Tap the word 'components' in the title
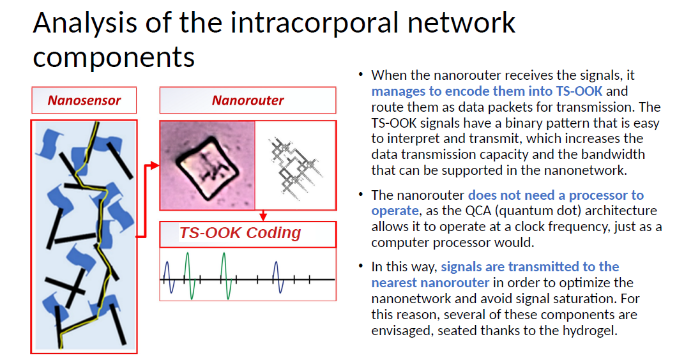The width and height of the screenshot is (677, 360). click(x=114, y=57)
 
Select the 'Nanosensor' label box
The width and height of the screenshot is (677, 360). click(x=84, y=100)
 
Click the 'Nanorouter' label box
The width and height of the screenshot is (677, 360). click(x=248, y=100)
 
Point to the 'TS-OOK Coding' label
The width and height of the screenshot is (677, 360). click(x=240, y=233)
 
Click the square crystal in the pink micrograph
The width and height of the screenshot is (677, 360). click(x=207, y=168)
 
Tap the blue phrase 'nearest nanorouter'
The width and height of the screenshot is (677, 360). click(x=430, y=283)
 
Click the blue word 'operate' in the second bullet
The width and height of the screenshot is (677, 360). click(x=395, y=211)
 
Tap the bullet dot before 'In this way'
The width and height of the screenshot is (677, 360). click(x=360, y=266)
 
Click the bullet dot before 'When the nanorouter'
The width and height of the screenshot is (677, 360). click(x=360, y=75)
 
